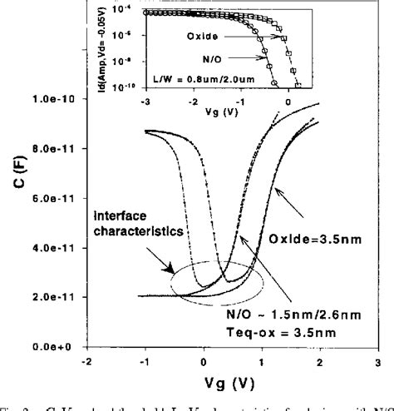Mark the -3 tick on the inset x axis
145,97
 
